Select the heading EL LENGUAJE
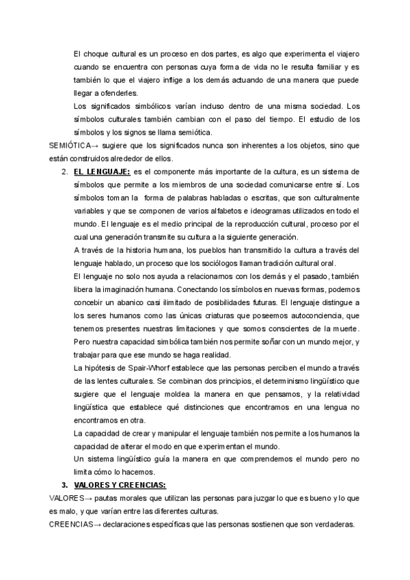pyautogui.click(x=102, y=172)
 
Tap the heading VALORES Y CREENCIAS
pyautogui.click(x=121, y=485)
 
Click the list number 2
pyautogui.click(x=65, y=172)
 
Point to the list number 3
pyautogui.click(x=65, y=485)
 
